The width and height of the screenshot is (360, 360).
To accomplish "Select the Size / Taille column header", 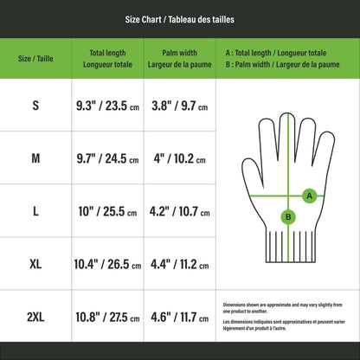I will [x=35, y=58].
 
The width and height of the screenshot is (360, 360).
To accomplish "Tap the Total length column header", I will [x=108, y=58].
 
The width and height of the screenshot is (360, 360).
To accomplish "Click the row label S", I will [x=35, y=106].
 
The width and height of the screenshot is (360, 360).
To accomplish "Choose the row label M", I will [x=35, y=158].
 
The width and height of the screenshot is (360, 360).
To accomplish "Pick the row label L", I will [x=35, y=211].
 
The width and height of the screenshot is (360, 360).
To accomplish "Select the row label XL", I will [x=35, y=264].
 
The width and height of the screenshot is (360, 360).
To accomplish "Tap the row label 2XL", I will [x=35, y=318].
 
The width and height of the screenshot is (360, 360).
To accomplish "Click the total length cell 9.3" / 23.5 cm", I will [x=108, y=106].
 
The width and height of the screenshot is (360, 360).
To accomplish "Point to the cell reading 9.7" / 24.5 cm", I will [x=108, y=158].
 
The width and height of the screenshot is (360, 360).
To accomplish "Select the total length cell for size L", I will [x=108, y=211].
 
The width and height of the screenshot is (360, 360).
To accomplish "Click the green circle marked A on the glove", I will [x=309, y=196].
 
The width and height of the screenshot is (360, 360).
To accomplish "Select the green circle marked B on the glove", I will [x=288, y=217].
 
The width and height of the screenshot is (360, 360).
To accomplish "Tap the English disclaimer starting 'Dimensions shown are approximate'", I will [x=283, y=308].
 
